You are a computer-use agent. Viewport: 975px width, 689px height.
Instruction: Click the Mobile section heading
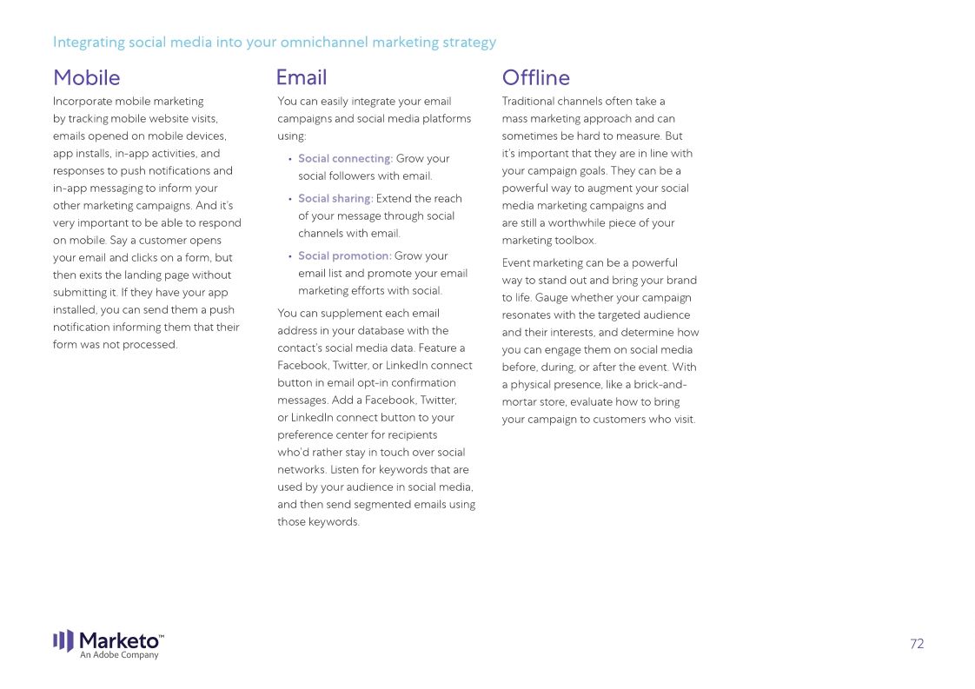coord(86,78)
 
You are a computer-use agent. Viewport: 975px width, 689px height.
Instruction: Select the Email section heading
coord(302,77)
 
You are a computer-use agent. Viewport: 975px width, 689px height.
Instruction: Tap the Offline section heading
coord(535,78)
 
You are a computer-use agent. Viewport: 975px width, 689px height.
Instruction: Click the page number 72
coord(917,644)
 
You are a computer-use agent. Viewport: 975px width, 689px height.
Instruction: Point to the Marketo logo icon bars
coord(63,640)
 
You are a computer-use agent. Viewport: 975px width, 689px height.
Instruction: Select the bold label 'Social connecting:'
coord(345,159)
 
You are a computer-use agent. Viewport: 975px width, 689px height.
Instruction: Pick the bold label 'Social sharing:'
coord(335,199)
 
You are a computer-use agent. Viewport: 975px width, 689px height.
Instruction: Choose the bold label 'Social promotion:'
coord(344,256)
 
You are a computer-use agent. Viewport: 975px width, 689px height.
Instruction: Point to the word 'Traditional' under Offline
coord(529,102)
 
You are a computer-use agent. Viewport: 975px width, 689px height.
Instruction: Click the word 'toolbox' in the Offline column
coord(574,241)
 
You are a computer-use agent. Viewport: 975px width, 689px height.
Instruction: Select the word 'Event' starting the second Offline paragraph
coord(516,263)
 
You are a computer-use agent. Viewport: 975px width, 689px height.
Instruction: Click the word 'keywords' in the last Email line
coord(333,522)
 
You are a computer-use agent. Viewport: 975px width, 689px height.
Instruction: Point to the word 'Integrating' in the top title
coord(89,42)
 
